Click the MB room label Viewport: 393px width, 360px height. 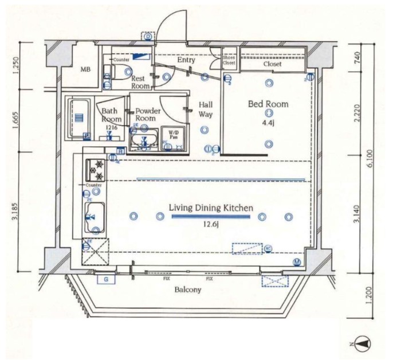click(85, 69)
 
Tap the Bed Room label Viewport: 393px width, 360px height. click(268, 104)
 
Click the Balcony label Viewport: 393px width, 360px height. click(188, 289)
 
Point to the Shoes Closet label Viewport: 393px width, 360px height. click(229, 60)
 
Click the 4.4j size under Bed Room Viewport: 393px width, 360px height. click(268, 122)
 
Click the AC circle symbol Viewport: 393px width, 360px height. click(268, 248)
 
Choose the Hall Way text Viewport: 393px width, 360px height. click(206, 109)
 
